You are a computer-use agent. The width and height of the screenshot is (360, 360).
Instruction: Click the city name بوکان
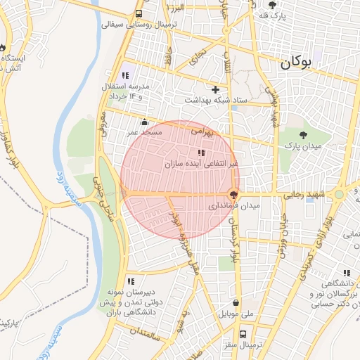pos(305,63)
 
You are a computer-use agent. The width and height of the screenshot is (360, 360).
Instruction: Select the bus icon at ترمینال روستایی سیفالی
pos(139,13)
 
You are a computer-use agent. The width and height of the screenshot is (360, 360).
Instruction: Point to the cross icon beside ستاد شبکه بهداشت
pos(214,89)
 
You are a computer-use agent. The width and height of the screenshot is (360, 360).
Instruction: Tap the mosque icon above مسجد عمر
pos(145,122)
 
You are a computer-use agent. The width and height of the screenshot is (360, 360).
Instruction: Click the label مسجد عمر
pos(145,131)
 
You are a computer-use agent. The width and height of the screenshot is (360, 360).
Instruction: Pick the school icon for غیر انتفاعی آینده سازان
pos(201,153)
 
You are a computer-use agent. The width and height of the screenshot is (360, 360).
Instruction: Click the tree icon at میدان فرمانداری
pos(233,195)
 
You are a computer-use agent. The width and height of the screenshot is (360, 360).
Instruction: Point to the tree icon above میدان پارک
pos(303,134)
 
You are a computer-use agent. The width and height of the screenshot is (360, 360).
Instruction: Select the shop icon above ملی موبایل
pos(234,303)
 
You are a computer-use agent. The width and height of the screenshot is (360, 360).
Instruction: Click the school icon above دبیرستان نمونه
pos(131,281)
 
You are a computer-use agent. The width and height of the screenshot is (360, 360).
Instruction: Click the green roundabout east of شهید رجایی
pos(340,194)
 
